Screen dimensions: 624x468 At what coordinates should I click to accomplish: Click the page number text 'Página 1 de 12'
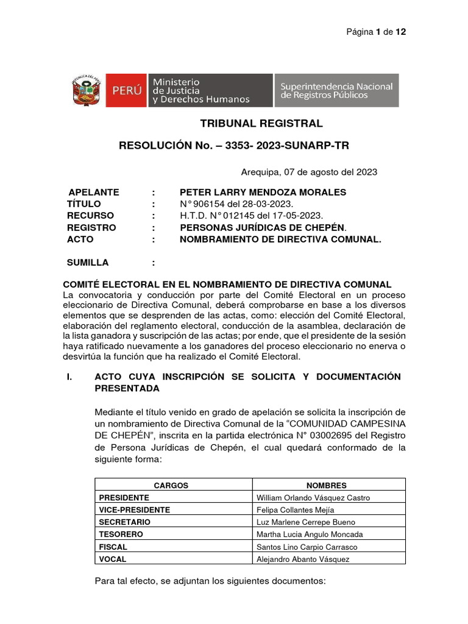coord(376,32)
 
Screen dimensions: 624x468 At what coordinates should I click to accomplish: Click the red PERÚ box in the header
coord(127,90)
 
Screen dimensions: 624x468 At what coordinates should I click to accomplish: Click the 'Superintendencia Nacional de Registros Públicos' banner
coord(336,91)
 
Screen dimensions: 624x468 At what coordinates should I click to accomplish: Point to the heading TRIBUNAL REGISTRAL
coord(261,124)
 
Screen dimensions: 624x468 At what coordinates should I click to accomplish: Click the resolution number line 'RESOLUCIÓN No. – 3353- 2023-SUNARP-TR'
coord(233,146)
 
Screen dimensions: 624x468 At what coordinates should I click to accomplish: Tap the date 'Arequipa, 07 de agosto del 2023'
coord(309,172)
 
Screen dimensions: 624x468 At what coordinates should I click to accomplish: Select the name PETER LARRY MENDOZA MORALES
coord(263,192)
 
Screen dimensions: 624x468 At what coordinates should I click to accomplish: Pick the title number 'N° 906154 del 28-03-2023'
coord(236,204)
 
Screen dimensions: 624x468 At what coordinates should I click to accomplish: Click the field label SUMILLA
coord(88,263)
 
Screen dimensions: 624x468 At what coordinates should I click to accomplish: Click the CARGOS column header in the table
coord(171,486)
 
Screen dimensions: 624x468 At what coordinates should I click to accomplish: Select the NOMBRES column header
coord(327,486)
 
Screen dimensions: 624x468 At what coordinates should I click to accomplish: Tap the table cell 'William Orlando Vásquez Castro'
coord(313,498)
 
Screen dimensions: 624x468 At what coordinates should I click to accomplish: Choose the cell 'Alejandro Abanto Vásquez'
coord(303,559)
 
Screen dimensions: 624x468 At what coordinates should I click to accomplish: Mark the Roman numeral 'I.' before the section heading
coord(69,377)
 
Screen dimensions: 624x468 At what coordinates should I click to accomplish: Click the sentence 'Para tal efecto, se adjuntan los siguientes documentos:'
coord(210,581)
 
